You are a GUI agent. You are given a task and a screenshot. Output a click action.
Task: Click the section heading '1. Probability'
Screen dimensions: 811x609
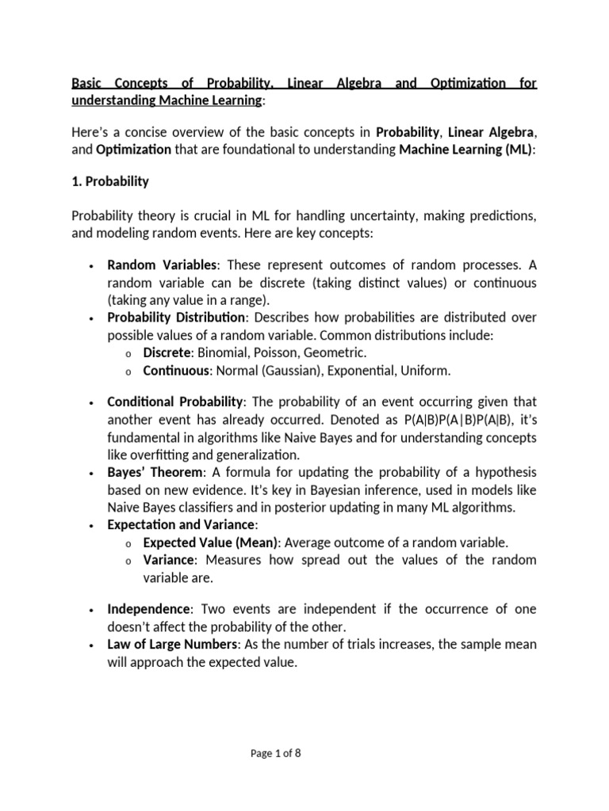[x=110, y=181]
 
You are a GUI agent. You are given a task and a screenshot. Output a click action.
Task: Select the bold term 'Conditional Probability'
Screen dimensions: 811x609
[x=177, y=403]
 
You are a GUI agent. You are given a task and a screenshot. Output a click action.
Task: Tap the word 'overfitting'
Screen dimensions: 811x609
[x=163, y=455]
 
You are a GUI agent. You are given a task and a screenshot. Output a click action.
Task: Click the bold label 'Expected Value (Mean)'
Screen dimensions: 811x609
[x=210, y=543]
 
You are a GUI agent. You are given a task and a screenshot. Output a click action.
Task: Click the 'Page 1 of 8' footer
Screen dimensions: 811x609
[x=276, y=753]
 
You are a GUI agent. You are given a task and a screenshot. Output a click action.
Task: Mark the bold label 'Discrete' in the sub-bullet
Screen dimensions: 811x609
[x=167, y=352]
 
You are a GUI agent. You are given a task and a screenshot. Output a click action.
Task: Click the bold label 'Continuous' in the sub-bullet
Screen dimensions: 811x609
[x=175, y=370]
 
